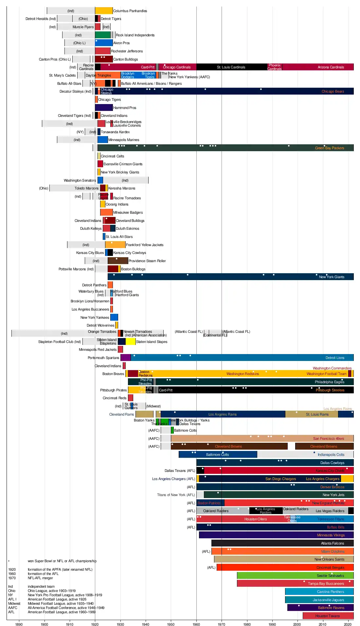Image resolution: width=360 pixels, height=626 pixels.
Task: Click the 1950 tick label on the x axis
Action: click(171, 624)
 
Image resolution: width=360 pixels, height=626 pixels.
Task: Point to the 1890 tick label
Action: click(19, 624)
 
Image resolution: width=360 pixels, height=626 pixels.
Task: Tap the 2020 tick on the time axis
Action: click(348, 624)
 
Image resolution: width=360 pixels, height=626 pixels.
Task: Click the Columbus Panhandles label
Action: click(130, 11)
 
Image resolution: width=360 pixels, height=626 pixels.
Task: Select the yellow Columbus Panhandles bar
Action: click(104, 11)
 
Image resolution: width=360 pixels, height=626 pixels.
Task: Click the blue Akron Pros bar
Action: click(104, 43)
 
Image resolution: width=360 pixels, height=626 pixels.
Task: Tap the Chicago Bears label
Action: click(333, 92)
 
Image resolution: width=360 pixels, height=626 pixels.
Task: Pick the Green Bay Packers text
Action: click(329, 148)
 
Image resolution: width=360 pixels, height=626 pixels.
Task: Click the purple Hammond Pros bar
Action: click(104, 108)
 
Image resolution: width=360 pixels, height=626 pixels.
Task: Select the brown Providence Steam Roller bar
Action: click(118, 261)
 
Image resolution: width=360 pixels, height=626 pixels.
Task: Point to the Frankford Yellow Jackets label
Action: click(144, 245)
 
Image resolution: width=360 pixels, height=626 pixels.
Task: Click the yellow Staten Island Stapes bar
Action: click(131, 342)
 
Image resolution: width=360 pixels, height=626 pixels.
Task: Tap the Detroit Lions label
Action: click(335, 358)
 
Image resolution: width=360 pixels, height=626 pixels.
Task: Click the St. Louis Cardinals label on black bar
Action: click(231, 67)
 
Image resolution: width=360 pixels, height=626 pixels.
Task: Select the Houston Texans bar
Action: click(328, 616)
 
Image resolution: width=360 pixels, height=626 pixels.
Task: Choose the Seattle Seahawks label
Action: click(330, 576)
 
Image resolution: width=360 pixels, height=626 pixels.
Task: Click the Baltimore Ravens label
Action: click(331, 608)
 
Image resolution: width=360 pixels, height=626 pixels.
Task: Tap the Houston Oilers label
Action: click(255, 519)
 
